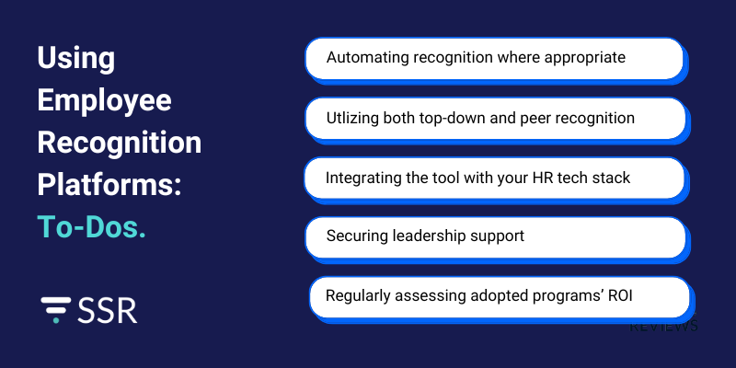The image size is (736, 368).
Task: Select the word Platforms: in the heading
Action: [109, 185]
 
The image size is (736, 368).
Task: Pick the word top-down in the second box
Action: [466, 118]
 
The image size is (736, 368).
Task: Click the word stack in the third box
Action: [612, 178]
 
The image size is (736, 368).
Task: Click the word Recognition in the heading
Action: [119, 143]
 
